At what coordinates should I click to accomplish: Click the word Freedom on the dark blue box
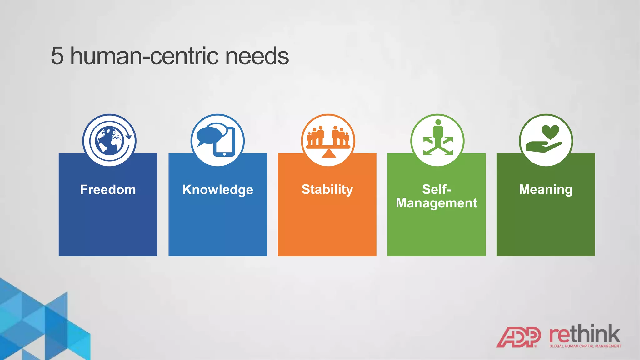tap(108, 190)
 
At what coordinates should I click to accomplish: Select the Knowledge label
tap(217, 190)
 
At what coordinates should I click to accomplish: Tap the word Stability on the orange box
tap(327, 189)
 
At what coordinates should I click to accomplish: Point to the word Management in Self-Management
tap(436, 203)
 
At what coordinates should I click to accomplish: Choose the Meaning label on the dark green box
tap(546, 189)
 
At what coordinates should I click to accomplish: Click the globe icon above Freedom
tap(109, 140)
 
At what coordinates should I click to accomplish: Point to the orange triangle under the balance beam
tap(328, 153)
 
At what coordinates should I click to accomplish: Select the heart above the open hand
tap(550, 132)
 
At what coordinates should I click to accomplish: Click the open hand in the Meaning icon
tap(542, 146)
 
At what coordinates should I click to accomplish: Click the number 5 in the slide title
tap(57, 56)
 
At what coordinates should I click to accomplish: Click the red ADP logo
tap(518, 337)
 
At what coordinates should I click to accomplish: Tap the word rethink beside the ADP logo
tap(584, 335)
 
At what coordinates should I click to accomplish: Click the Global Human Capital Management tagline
tap(585, 346)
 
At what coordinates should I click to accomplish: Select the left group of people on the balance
tap(316, 136)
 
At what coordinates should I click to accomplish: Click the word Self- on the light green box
tap(436, 189)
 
